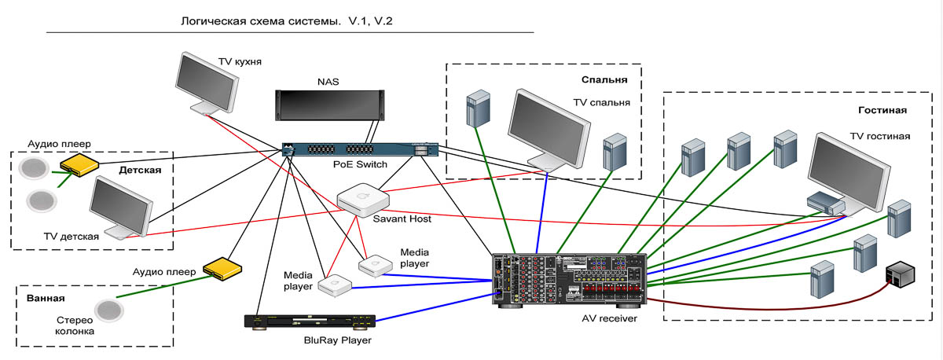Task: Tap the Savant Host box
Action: (362, 200)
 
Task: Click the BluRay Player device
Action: (310, 321)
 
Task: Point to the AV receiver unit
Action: (568, 279)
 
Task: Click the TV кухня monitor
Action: (207, 83)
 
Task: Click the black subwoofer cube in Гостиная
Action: (901, 276)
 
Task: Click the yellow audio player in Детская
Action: (79, 163)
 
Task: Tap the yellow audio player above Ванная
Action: (219, 269)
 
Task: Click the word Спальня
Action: (604, 80)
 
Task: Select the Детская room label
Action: (140, 170)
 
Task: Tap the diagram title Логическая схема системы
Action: (263, 21)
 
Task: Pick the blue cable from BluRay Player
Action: (432, 308)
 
